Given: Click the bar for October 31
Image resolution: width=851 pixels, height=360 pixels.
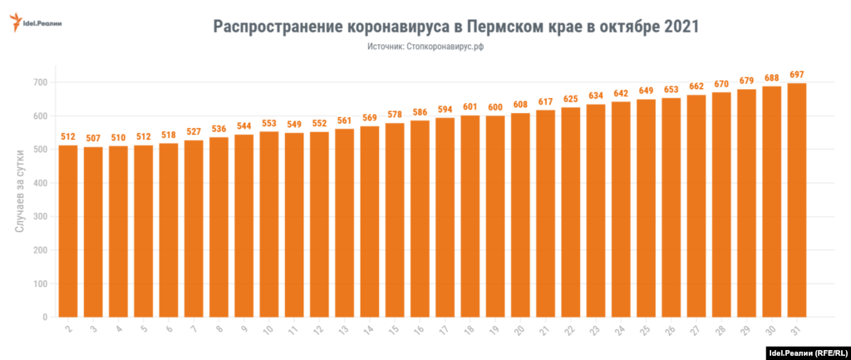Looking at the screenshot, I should [796, 200].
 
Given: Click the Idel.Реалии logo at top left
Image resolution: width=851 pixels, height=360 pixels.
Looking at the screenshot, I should [37, 23].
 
